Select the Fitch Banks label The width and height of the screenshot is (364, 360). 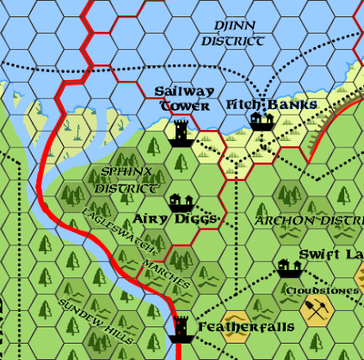pos(271,105)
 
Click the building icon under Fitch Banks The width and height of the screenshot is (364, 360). pos(262,122)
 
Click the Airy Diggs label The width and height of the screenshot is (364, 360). pos(174,219)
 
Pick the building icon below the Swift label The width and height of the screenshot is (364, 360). pos(290,267)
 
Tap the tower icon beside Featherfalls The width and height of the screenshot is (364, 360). pos(181,326)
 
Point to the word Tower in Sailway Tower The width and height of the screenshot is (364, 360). pos(179,105)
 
